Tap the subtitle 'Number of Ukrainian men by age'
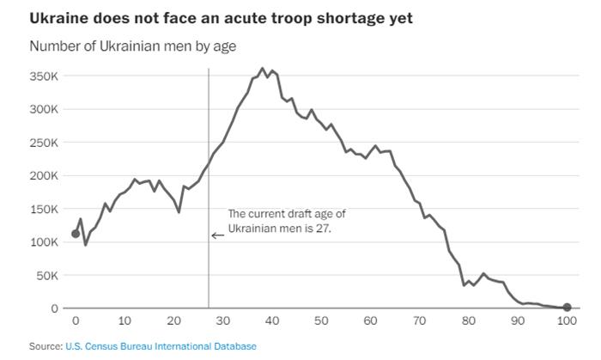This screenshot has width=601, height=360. (x=133, y=46)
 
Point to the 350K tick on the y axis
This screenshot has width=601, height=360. (x=45, y=76)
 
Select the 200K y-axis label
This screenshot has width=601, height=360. (x=45, y=176)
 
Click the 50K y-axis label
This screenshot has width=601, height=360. (x=47, y=275)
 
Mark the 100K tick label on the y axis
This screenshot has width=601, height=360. (x=45, y=242)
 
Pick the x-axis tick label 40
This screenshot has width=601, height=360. (x=271, y=321)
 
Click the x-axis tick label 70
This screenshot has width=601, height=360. (x=419, y=321)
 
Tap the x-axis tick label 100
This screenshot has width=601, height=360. (x=566, y=321)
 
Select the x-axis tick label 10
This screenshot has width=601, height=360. (x=124, y=321)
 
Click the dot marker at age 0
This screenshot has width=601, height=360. (x=76, y=234)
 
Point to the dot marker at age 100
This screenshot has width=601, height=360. (x=567, y=307)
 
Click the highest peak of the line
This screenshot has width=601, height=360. (x=263, y=69)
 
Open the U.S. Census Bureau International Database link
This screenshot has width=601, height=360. (x=161, y=346)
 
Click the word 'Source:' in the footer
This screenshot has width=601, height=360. (x=46, y=346)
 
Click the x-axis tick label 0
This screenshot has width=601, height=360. (x=76, y=321)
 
